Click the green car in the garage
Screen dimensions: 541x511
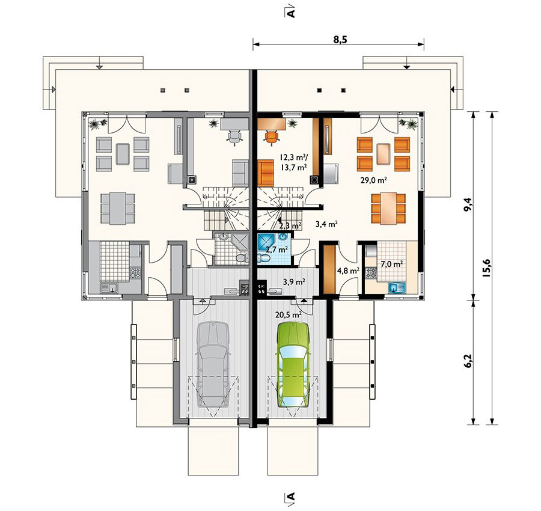pyautogui.click(x=293, y=365)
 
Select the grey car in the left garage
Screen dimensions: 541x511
pyautogui.click(x=213, y=365)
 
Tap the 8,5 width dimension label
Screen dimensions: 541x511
pyautogui.click(x=340, y=39)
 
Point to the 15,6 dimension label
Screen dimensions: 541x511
pyautogui.click(x=486, y=268)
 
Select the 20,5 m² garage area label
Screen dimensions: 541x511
pyautogui.click(x=289, y=314)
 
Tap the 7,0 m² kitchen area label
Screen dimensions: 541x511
pyautogui.click(x=391, y=264)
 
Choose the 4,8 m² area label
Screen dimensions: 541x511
pyautogui.click(x=348, y=271)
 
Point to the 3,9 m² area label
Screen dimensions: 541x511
pyautogui.click(x=293, y=282)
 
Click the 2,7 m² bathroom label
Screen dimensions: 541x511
pyautogui.click(x=277, y=250)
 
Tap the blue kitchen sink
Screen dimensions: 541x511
pyautogui.click(x=397, y=287)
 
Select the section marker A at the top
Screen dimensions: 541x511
pyautogui.click(x=291, y=12)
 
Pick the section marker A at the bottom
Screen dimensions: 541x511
pyautogui.click(x=291, y=496)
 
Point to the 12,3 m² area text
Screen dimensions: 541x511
pyautogui.click(x=295, y=158)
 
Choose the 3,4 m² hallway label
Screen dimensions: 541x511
pyautogui.click(x=326, y=224)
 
